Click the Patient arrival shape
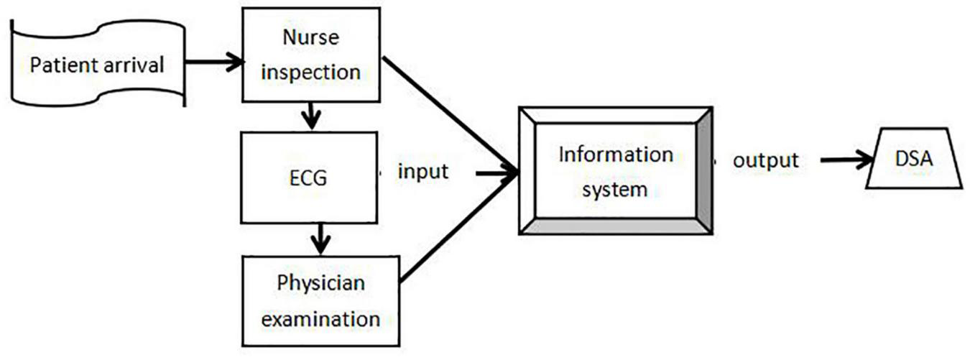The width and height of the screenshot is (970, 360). tap(97, 65)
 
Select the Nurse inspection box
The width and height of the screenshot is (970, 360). tap(310, 54)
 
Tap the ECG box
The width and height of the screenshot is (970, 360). tap(310, 177)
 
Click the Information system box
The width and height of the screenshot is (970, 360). tap(615, 171)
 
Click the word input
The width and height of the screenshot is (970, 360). tap(423, 172)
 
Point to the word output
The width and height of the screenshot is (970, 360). tap(765, 160)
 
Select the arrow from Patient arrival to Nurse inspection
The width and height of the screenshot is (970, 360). tap(214, 63)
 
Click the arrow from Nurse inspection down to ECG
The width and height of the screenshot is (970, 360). tap(310, 115)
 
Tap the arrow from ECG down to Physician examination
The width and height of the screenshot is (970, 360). tap(320, 239)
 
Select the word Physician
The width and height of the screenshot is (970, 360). tap(321, 282)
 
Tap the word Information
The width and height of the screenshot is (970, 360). tap(616, 154)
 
